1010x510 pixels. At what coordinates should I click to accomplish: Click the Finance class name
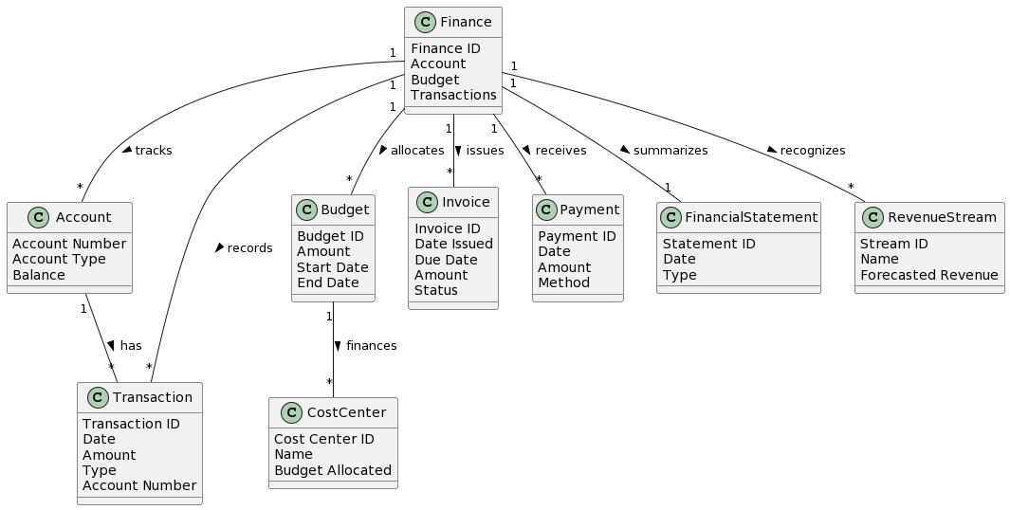point(466,22)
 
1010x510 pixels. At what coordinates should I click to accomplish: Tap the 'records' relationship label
point(250,248)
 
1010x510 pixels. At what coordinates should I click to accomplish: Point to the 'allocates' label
point(417,151)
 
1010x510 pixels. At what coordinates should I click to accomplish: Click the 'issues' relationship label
point(486,151)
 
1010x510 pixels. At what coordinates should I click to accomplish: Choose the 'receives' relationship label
point(560,151)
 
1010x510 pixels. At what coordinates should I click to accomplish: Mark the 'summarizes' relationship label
point(670,151)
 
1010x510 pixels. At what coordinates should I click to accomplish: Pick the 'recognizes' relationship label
point(812,151)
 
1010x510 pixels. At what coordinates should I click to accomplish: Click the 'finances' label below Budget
point(371,346)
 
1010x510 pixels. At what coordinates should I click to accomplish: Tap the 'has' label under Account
point(131,346)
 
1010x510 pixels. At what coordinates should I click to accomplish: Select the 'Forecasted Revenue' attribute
point(928,275)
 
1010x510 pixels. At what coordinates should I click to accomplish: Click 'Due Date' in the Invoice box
point(446,260)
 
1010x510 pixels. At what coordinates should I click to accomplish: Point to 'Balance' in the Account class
point(39,275)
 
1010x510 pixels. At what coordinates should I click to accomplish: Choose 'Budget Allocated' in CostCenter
point(332,470)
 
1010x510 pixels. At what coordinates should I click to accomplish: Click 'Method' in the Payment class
point(563,282)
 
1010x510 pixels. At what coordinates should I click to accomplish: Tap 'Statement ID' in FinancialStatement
point(708,244)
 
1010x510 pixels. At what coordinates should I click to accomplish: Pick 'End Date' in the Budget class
point(328,282)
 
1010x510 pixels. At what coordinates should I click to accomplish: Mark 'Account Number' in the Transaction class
point(139,485)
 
